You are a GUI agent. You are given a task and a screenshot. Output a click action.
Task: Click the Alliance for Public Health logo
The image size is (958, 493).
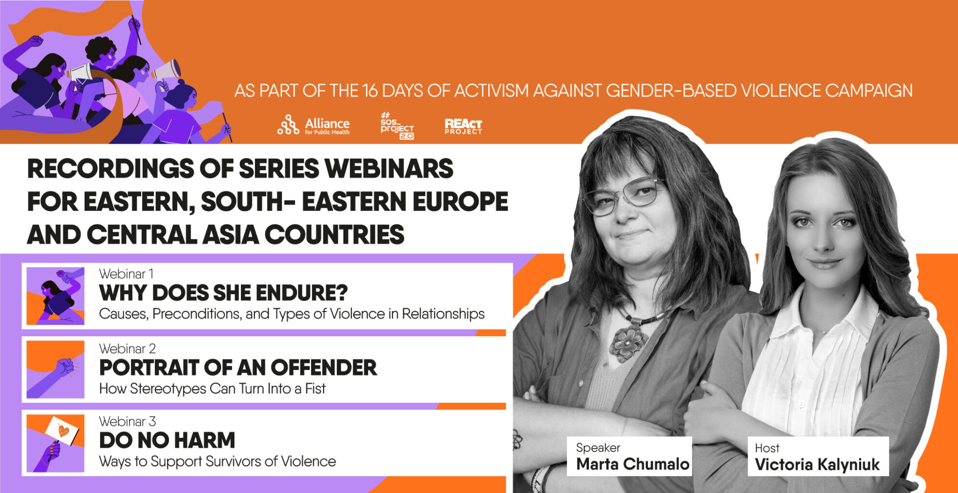(x=314, y=125)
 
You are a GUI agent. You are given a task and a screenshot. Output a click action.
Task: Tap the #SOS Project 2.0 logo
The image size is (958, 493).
(x=397, y=126)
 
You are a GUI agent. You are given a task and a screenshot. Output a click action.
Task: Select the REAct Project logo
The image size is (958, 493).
(x=464, y=126)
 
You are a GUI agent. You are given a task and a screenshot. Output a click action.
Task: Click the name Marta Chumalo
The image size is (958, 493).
(x=633, y=464)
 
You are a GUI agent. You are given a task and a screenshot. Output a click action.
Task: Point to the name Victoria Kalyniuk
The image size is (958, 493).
(x=817, y=464)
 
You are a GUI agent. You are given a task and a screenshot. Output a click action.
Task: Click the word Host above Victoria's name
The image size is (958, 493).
(x=767, y=448)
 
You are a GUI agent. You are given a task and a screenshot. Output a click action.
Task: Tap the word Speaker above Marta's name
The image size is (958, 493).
(x=598, y=448)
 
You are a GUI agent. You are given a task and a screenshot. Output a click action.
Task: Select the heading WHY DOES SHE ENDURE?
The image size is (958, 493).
(x=224, y=293)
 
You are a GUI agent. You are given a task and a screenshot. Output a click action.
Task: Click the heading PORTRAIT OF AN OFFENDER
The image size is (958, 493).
(x=238, y=368)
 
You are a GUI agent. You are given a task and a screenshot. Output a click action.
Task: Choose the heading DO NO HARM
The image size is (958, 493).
(x=167, y=440)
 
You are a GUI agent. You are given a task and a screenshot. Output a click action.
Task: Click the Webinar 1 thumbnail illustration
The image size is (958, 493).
(x=56, y=296)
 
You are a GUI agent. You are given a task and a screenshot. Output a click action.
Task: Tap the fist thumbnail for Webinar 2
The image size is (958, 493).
(x=56, y=369)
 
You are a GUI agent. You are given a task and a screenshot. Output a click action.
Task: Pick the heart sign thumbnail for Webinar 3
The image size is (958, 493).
(x=56, y=443)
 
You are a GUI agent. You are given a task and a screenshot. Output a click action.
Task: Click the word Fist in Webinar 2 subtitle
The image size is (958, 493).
(x=315, y=388)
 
